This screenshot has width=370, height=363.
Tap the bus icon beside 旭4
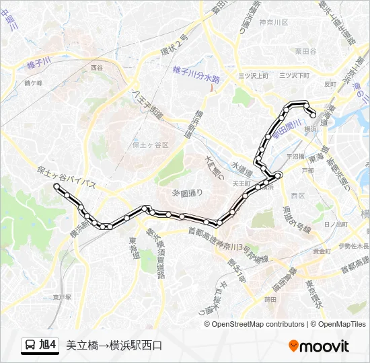coord(30,346)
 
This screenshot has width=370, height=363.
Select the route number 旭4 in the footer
coord(48,346)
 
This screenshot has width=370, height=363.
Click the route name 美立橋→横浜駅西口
coord(114,346)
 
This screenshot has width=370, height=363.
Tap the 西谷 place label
coord(97,68)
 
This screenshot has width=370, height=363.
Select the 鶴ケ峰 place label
coord(33,83)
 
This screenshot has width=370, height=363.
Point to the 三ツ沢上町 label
coord(253,76)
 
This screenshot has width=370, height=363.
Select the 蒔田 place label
coord(270,300)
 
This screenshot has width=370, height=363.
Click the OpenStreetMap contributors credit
coord(258,324)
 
